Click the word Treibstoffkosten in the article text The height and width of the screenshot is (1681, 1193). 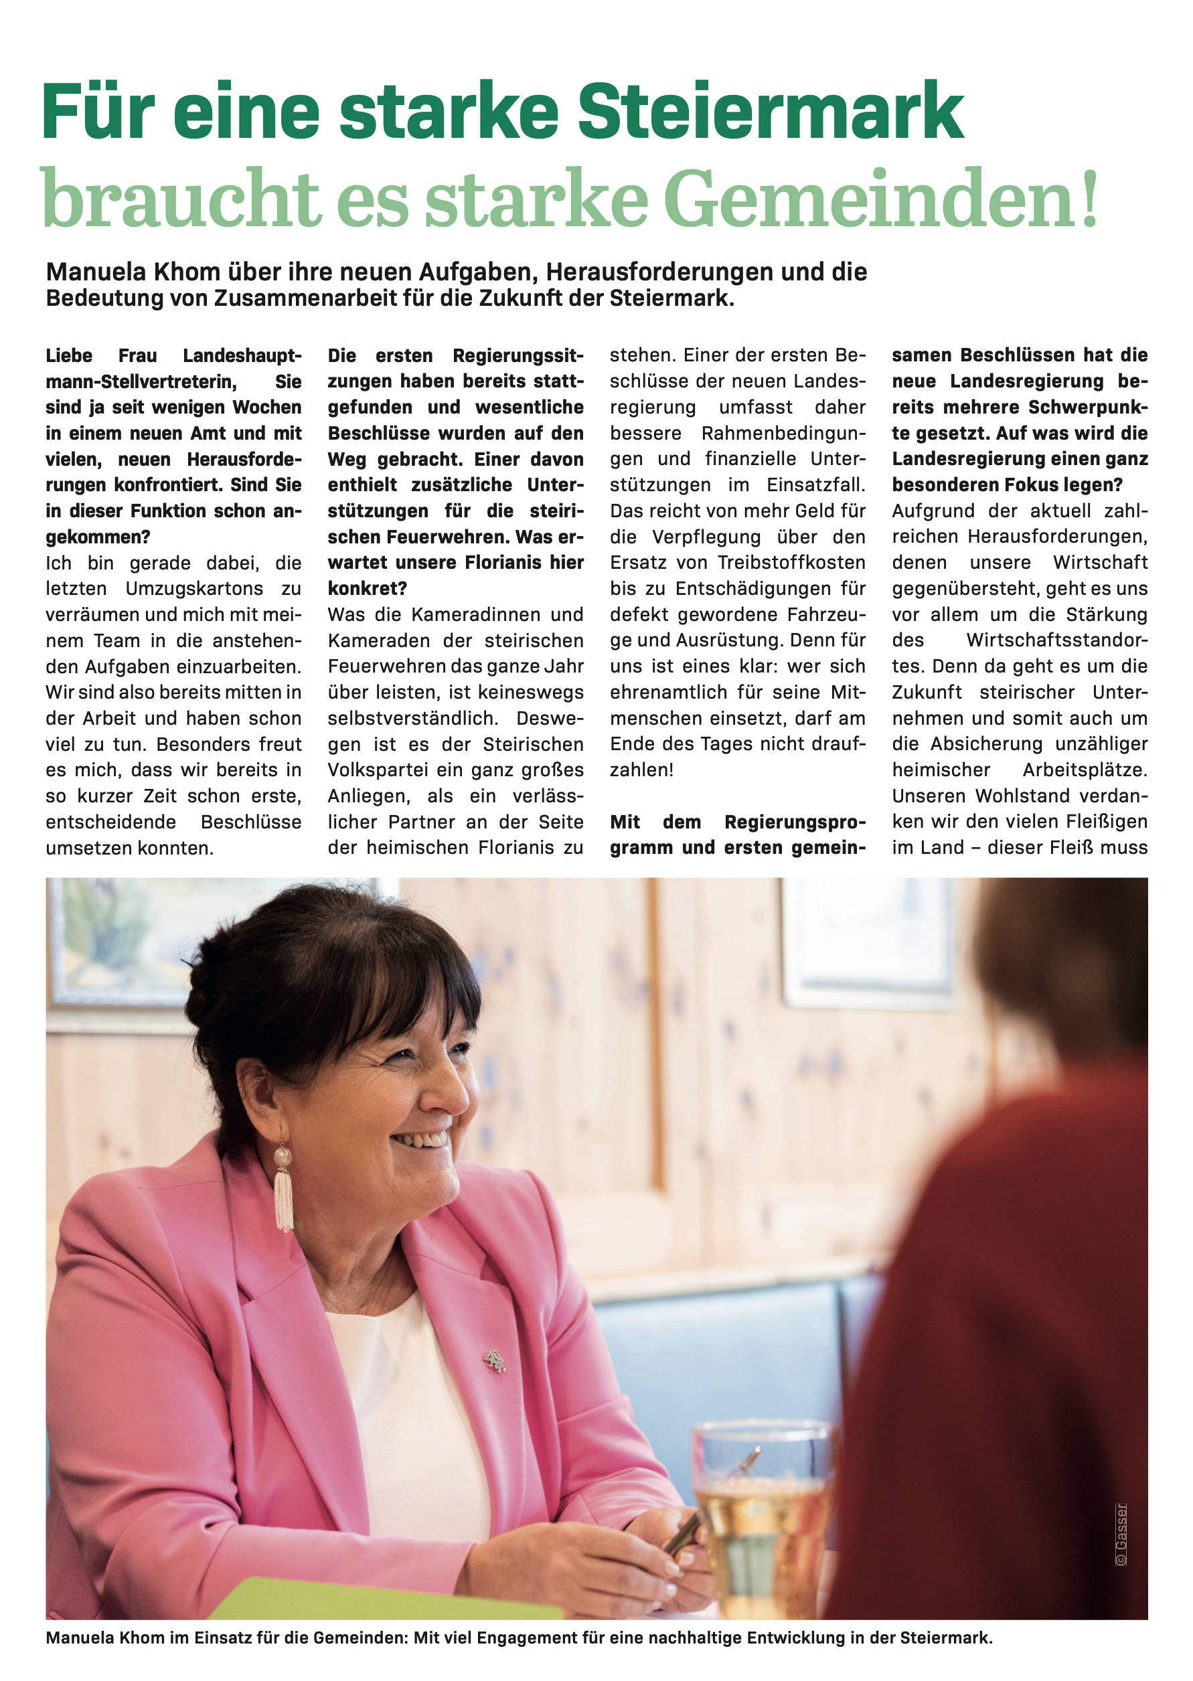pos(791,563)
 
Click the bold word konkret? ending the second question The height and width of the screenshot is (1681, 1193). pos(368,589)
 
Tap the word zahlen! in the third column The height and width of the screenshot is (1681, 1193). pos(641,770)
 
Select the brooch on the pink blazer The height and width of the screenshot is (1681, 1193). pos(494,1362)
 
